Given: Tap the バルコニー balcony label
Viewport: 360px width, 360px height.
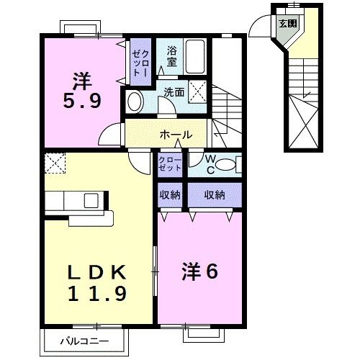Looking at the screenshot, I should click(x=84, y=339).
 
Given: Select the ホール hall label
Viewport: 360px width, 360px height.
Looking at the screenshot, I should click(x=175, y=135).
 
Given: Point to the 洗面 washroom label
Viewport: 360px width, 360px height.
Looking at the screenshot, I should click(x=174, y=92).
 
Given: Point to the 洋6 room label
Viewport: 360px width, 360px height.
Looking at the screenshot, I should click(x=198, y=272).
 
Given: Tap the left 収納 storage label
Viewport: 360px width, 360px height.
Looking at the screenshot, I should click(x=170, y=194).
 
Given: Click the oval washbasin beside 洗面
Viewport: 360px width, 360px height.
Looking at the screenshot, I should click(x=135, y=101).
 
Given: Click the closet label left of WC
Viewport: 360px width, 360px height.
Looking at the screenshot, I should click(x=171, y=164).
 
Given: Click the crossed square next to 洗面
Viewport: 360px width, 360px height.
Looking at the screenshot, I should click(x=202, y=91).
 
